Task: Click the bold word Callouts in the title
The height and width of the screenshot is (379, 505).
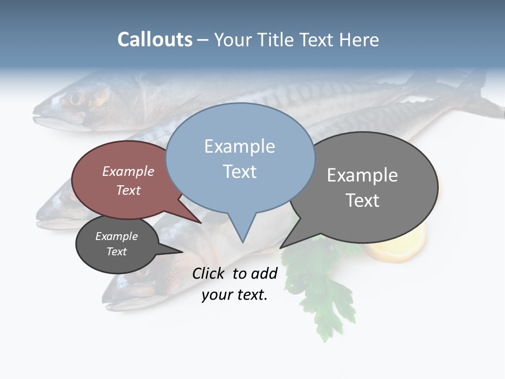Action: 155,39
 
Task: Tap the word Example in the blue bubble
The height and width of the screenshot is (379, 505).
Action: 239,146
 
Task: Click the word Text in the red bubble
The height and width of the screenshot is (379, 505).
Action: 128,191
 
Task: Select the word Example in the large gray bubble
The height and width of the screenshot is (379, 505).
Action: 362,175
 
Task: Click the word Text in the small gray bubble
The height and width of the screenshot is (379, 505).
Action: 116,252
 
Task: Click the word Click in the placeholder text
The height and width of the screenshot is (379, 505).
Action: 208,273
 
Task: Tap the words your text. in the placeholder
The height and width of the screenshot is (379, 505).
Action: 235,295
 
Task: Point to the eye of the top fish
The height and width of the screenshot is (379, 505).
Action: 76,98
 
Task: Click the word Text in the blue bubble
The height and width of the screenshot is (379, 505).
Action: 239,172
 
